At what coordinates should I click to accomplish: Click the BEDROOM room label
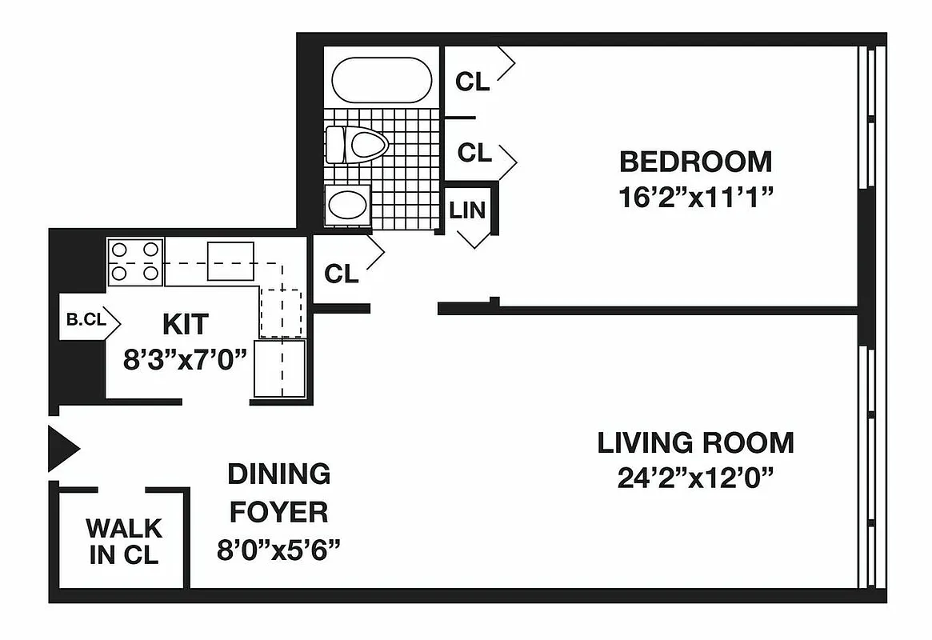click(x=695, y=162)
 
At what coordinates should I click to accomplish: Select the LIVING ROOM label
click(x=695, y=442)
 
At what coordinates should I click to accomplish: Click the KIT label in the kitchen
click(x=185, y=324)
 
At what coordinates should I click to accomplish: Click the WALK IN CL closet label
click(x=124, y=541)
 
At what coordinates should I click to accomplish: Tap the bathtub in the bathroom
click(x=382, y=80)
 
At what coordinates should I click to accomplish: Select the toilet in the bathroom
click(x=357, y=145)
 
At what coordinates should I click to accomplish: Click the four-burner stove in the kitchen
click(x=135, y=262)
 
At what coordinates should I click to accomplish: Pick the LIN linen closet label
click(x=467, y=210)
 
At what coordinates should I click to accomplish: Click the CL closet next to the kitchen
click(x=342, y=274)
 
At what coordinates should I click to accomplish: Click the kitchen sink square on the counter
click(x=230, y=261)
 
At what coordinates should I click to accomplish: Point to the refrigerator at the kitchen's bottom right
click(x=280, y=368)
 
